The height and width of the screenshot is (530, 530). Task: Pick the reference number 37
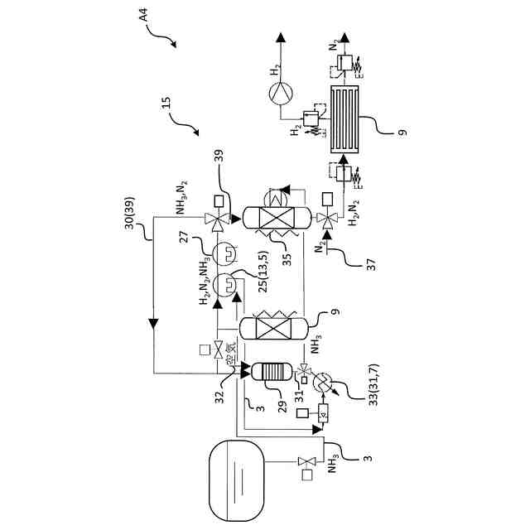(x=370, y=263)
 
